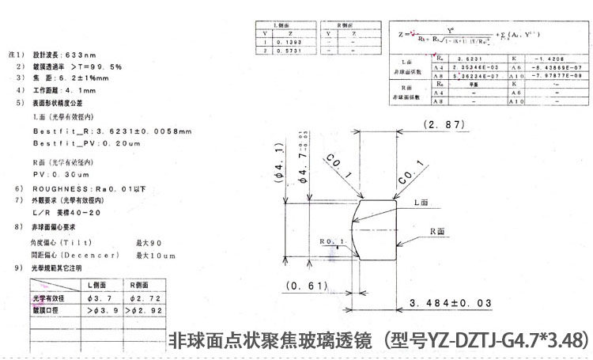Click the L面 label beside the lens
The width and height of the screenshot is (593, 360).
425,203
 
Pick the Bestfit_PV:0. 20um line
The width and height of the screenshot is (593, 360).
86,143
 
